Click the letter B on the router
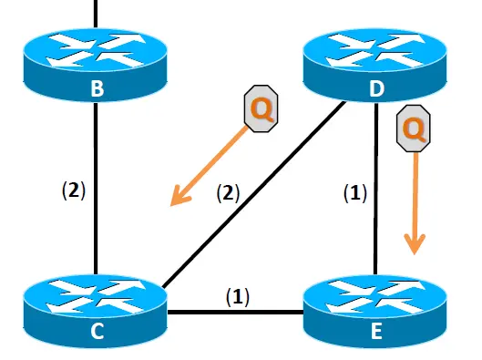(x=97, y=88)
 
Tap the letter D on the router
(x=377, y=88)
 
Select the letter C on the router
(x=97, y=331)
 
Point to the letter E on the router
(x=376, y=331)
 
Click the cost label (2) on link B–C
(x=74, y=190)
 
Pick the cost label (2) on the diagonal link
(x=228, y=193)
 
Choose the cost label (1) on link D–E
(x=355, y=193)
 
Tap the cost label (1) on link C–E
(x=238, y=297)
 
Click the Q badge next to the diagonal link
(x=261, y=108)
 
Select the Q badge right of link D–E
(x=414, y=129)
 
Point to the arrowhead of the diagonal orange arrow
(x=179, y=197)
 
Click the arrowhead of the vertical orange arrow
(x=415, y=244)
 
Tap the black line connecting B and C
(x=96, y=189)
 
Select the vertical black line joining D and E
(x=376, y=189)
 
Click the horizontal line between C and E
(x=235, y=313)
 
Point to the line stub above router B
(x=96, y=15)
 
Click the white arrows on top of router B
(x=96, y=50)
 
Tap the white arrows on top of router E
(x=375, y=297)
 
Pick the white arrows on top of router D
(x=375, y=50)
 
